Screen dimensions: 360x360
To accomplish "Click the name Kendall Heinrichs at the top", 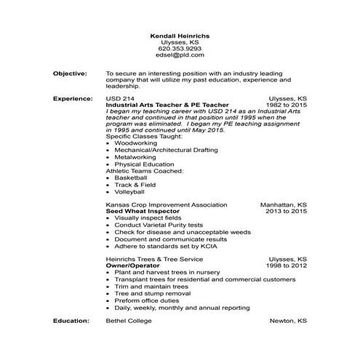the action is click(x=180, y=36).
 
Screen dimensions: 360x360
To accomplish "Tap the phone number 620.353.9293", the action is click(x=180, y=49).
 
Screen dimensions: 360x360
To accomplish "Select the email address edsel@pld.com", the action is click(x=180, y=55).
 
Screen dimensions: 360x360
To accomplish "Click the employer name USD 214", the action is click(x=120, y=97).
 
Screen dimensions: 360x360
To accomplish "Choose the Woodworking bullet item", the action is click(x=135, y=144).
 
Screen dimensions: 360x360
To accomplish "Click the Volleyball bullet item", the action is click(x=130, y=191).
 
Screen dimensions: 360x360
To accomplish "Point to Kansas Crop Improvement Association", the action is click(x=167, y=205).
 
